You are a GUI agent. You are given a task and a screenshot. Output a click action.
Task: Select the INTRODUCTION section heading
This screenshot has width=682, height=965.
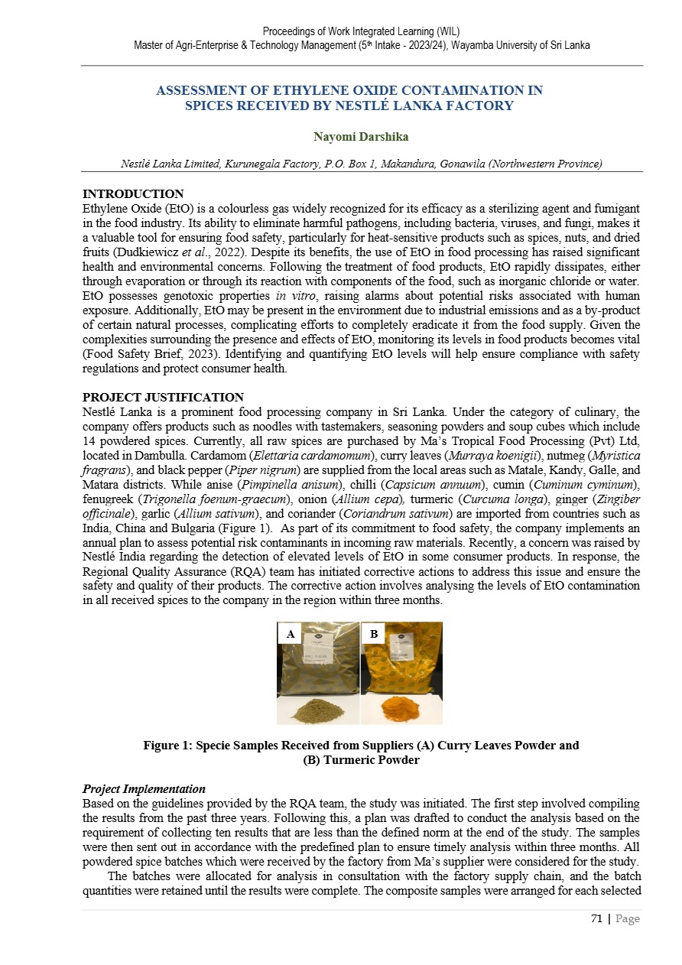click(x=133, y=194)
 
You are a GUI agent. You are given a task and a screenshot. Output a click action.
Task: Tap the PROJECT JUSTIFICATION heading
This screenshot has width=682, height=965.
click(x=163, y=398)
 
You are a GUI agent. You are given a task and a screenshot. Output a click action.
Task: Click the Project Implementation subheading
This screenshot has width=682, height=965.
click(x=144, y=789)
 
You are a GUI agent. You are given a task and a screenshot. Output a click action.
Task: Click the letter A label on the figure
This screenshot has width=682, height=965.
click(x=291, y=634)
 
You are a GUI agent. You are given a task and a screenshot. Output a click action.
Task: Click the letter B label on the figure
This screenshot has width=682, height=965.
click(x=374, y=634)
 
